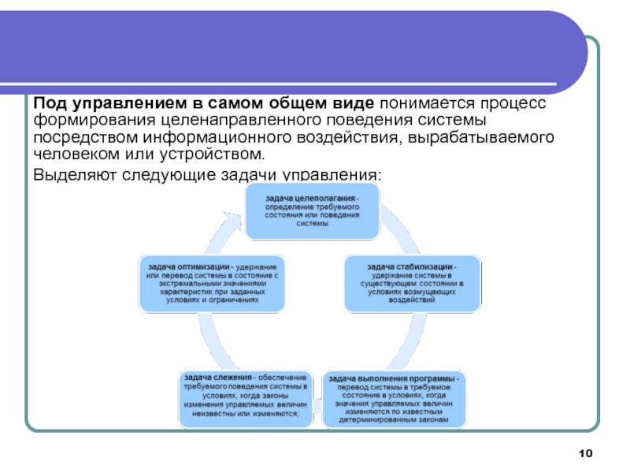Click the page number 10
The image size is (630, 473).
tap(584, 452)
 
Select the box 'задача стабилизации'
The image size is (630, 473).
tap(413, 282)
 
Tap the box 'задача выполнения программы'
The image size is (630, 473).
tap(395, 400)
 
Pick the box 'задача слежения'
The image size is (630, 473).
tap(245, 400)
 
